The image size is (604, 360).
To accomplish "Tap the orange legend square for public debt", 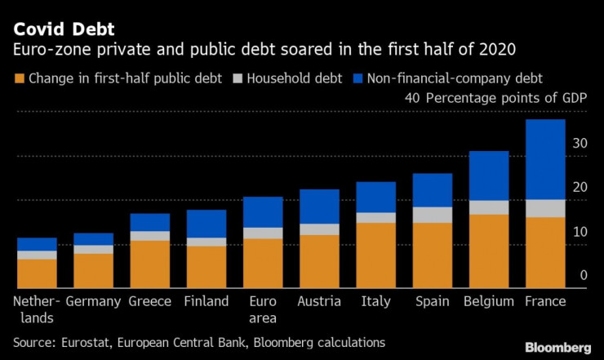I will click(x=19, y=79).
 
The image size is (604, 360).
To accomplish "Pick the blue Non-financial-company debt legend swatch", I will click(x=357, y=79).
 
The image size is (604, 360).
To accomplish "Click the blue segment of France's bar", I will click(x=544, y=159).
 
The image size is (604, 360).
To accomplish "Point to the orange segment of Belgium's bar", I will click(x=489, y=251).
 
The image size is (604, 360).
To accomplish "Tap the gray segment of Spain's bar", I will click(x=433, y=215).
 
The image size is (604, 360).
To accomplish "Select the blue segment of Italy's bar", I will click(x=376, y=197).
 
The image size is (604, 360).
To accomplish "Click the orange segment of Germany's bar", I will click(x=94, y=271).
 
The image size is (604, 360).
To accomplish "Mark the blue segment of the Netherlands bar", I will click(x=37, y=244).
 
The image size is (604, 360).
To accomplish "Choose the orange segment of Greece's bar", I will click(x=150, y=264).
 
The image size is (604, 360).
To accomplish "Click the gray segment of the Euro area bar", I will click(x=263, y=233).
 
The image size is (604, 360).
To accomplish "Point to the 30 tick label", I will click(x=579, y=144).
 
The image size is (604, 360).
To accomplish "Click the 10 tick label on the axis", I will click(x=579, y=232).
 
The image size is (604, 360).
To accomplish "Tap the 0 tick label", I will click(x=583, y=276).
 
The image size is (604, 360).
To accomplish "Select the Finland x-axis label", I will click(x=207, y=301).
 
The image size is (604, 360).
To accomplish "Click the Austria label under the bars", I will click(x=319, y=301).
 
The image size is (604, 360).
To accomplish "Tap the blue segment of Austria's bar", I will click(x=319, y=207).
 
